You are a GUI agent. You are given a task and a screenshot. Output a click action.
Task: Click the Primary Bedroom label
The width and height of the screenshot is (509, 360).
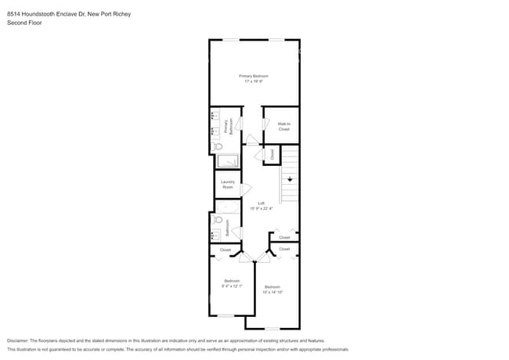point(254,76)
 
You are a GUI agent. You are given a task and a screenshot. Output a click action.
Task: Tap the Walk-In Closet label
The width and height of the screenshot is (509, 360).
point(283,126)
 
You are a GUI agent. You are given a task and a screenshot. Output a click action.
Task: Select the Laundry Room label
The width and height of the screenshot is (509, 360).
point(228,185)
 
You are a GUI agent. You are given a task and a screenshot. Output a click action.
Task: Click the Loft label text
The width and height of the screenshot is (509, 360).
point(262,203)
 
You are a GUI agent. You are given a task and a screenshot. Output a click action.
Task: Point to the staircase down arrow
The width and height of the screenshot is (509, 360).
point(290,180)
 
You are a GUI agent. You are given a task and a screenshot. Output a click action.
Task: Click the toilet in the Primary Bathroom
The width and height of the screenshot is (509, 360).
point(218,146)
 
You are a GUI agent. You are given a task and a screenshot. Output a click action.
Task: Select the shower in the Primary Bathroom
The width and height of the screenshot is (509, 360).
point(227,161)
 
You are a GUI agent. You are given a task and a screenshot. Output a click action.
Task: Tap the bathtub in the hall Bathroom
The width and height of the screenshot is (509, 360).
point(227,208)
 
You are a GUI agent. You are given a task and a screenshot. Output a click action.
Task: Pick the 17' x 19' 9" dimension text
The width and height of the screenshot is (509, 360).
point(254,81)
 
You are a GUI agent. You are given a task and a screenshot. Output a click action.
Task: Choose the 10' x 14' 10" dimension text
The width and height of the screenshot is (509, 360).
point(273,292)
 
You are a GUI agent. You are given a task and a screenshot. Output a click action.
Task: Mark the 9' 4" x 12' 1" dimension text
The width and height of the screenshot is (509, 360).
point(232,286)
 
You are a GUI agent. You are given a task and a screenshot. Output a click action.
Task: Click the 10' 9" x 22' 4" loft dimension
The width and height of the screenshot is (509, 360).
point(262,208)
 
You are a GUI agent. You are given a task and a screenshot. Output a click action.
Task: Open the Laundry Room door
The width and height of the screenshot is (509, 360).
point(246,189)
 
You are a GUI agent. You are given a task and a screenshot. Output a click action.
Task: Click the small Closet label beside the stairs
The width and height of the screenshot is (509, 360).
point(273,155)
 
